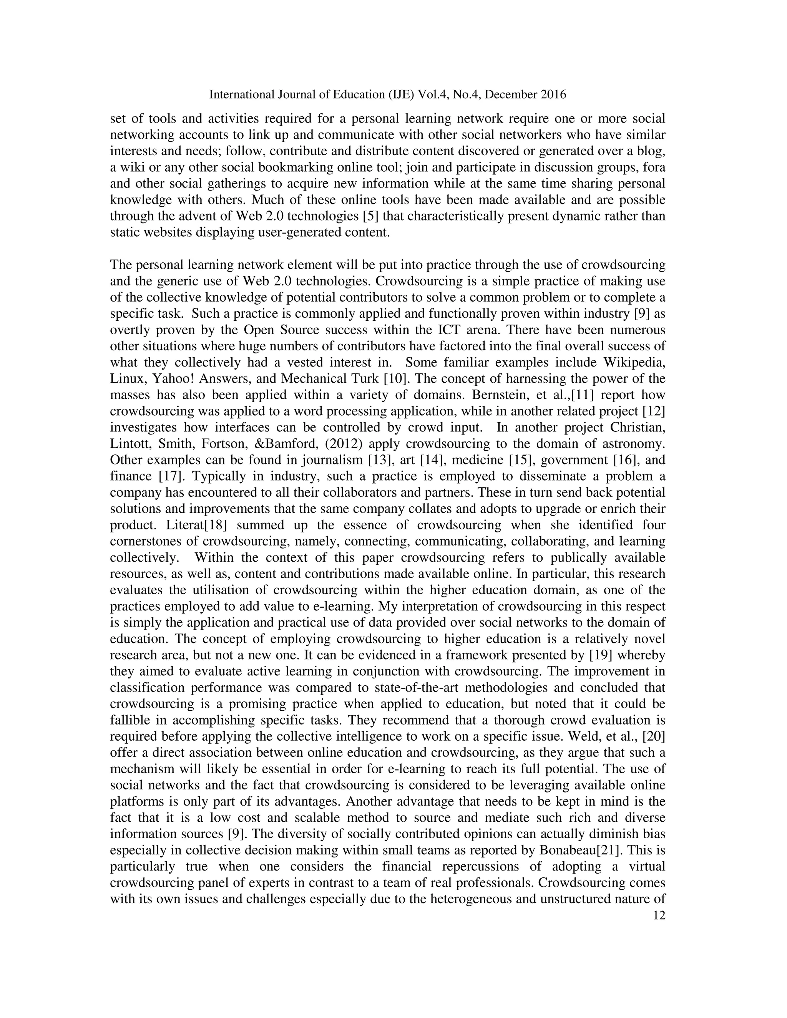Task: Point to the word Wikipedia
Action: click(634, 363)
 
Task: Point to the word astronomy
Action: click(633, 444)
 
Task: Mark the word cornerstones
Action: click(149, 542)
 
